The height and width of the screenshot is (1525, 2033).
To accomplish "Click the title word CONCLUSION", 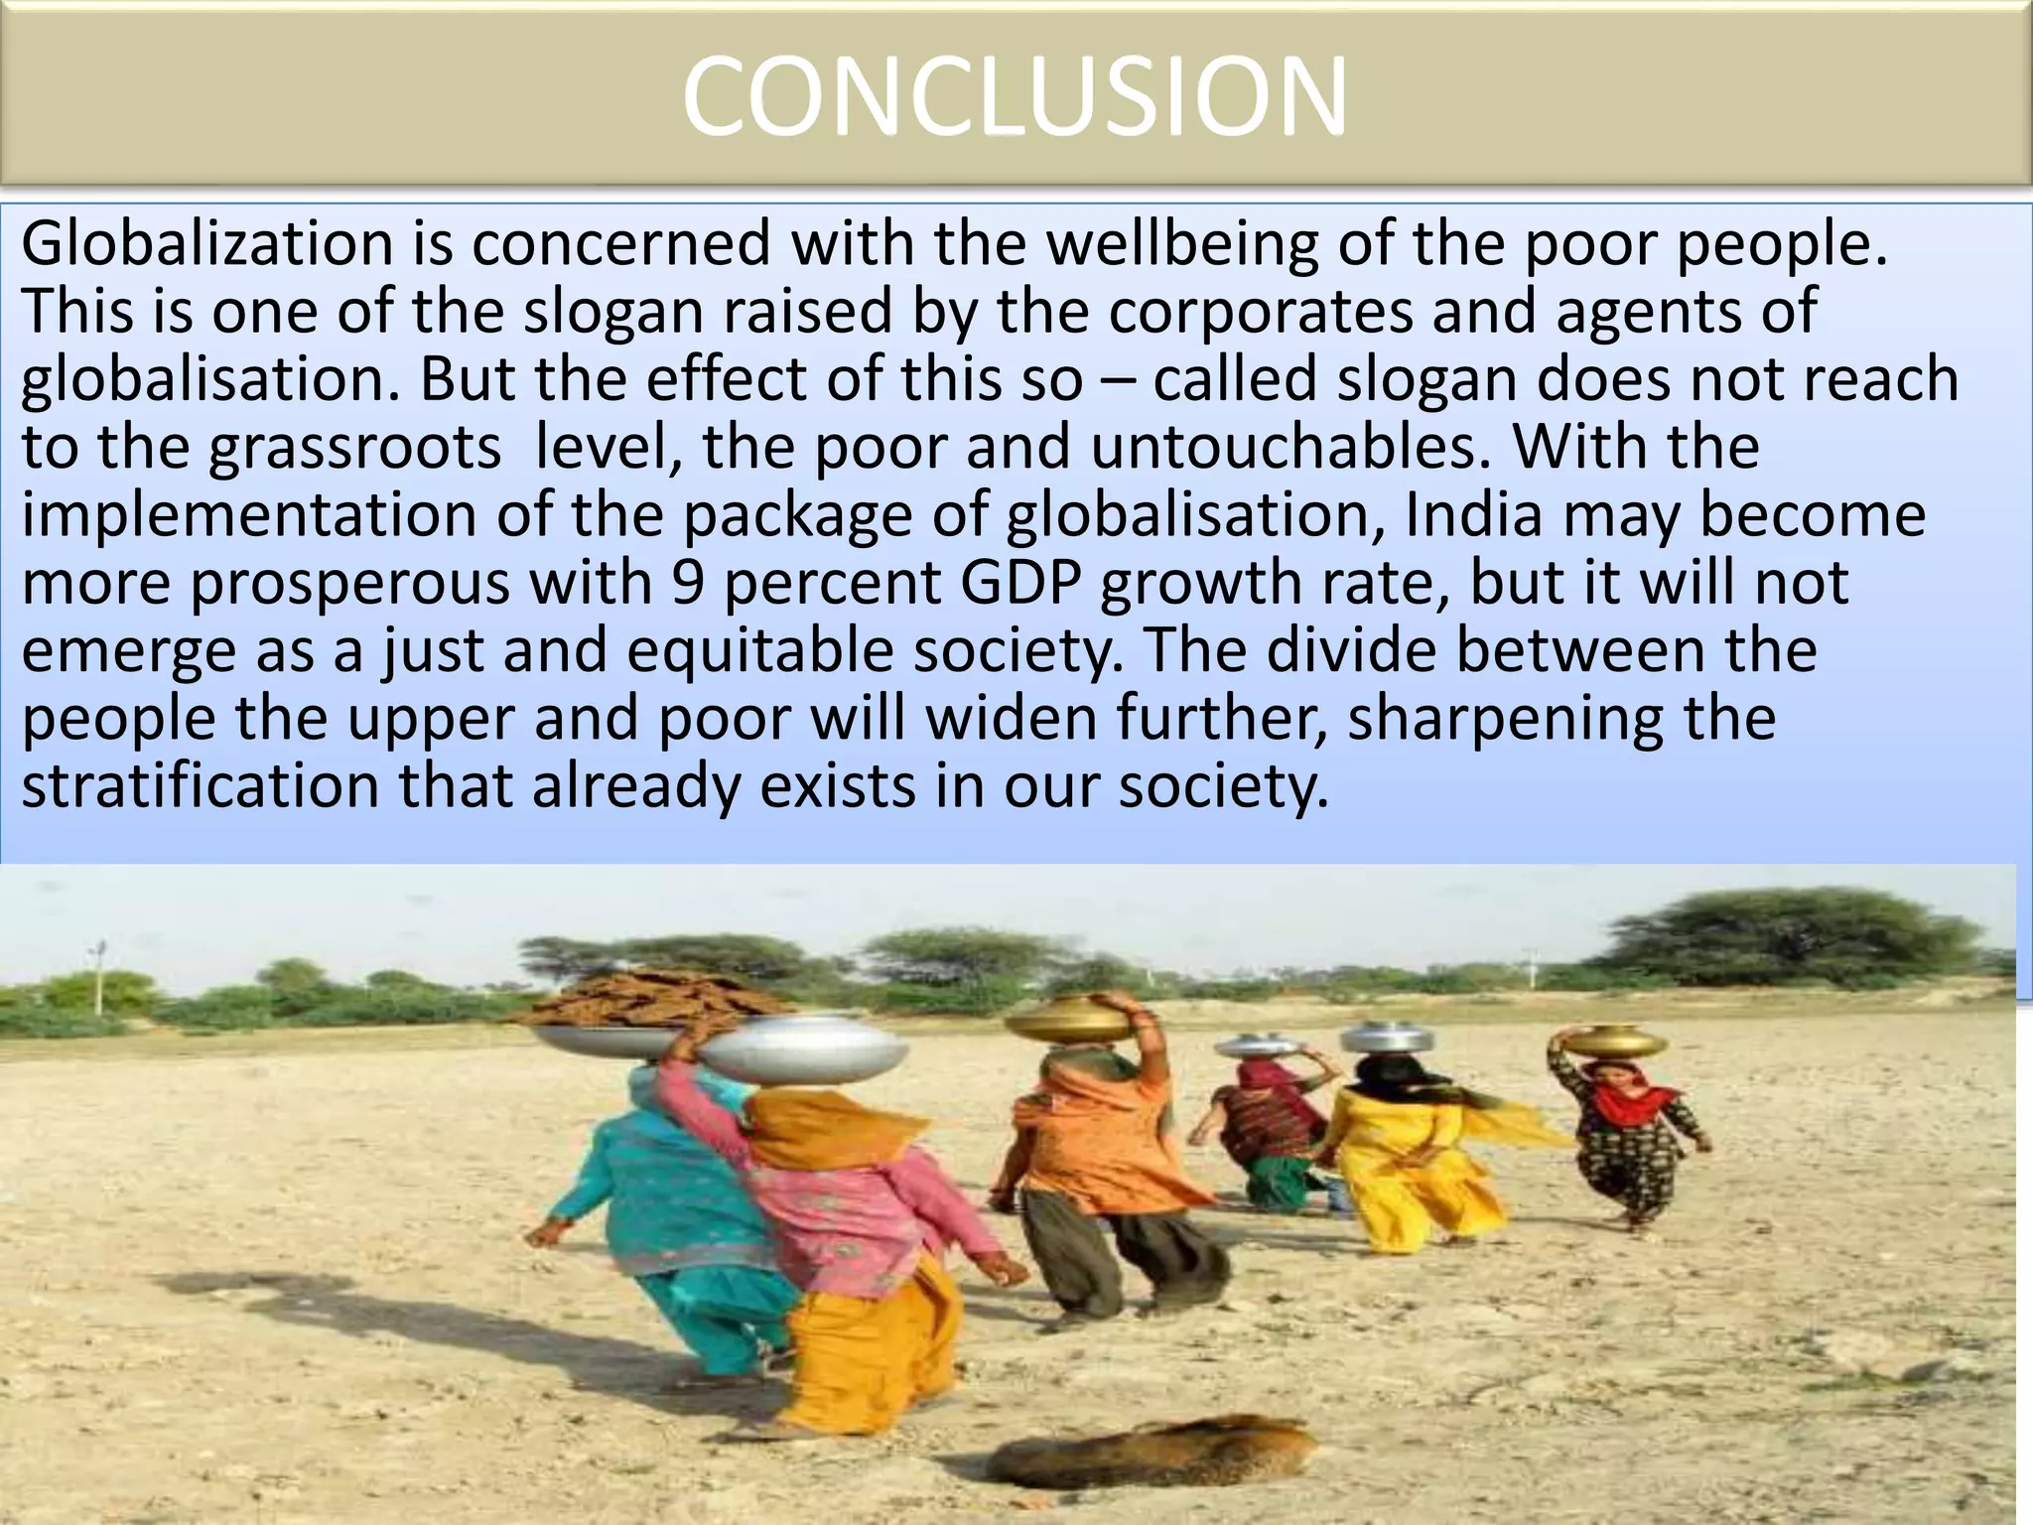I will [x=1015, y=96].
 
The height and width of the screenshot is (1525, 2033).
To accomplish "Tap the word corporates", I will [x=1260, y=312].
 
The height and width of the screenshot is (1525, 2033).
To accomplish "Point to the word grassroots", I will [x=354, y=449].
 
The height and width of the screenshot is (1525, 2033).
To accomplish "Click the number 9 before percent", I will [x=687, y=583].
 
